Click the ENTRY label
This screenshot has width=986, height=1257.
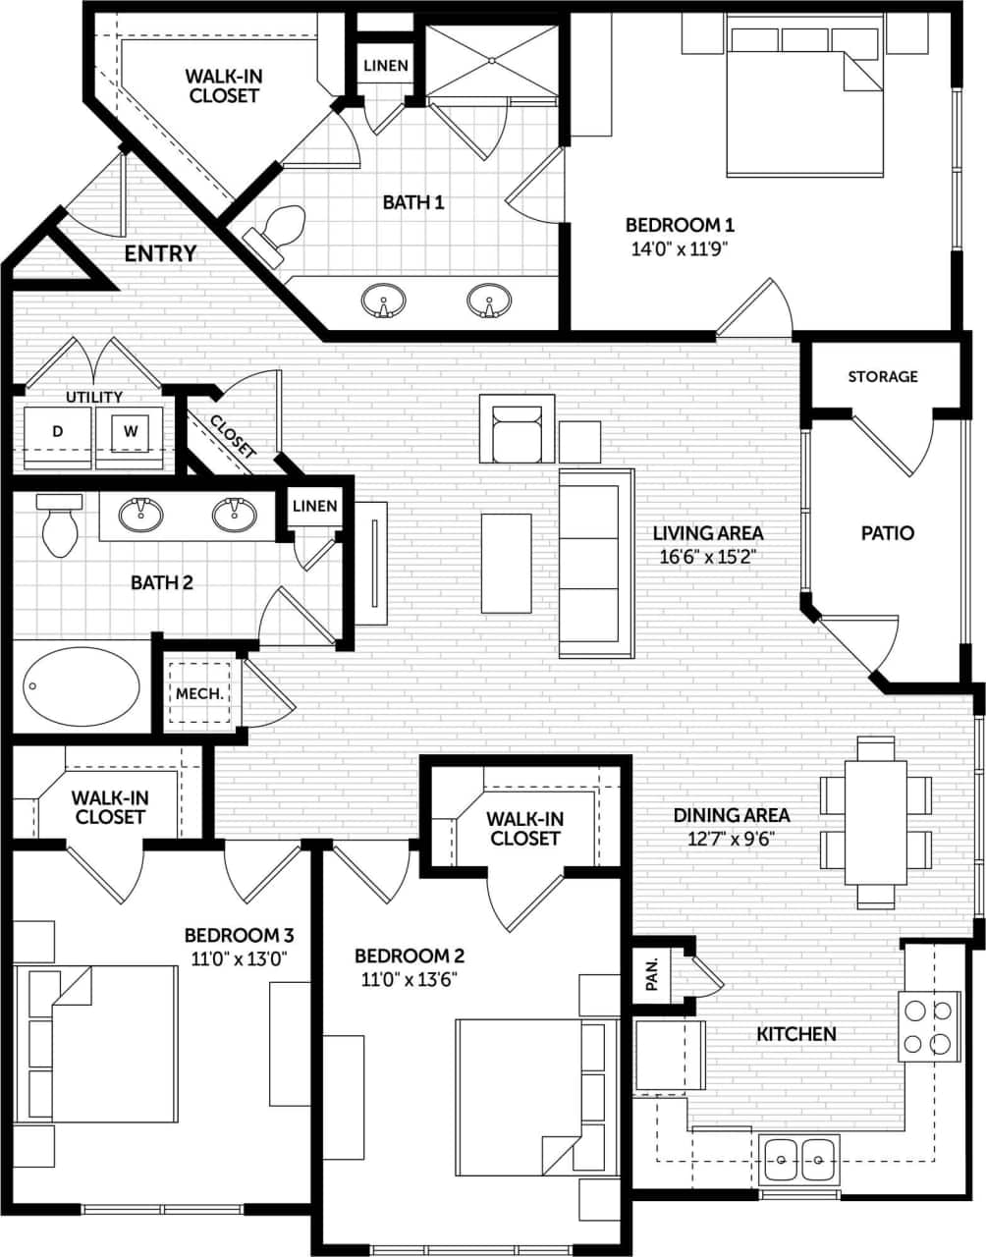(x=160, y=253)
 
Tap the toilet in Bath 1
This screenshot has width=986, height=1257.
(x=277, y=232)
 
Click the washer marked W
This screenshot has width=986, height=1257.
(x=130, y=431)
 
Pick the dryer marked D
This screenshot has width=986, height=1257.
(x=57, y=431)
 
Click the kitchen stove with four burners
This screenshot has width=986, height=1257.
(x=929, y=1025)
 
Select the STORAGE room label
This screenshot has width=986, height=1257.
(x=883, y=376)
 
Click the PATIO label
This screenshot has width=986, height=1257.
(x=887, y=533)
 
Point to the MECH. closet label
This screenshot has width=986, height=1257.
(x=199, y=693)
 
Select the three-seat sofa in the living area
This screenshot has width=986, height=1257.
(x=595, y=563)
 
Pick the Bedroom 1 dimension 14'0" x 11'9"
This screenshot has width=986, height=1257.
(x=680, y=248)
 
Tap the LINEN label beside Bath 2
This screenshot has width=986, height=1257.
(x=314, y=506)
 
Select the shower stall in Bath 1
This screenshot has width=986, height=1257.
(x=490, y=61)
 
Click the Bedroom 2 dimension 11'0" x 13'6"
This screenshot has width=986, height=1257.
(x=409, y=978)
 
